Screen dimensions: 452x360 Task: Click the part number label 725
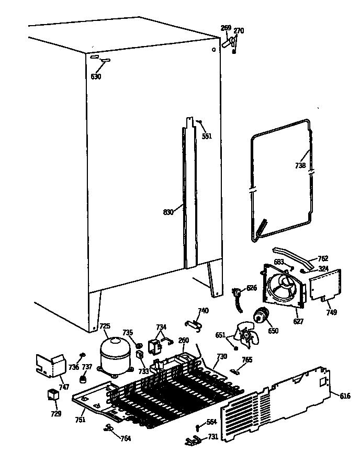tap(105, 326)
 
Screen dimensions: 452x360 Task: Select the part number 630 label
tap(96, 77)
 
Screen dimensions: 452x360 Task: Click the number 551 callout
tap(207, 136)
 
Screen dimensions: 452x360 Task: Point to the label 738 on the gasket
tap(300, 166)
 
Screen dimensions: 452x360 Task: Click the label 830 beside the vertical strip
tap(168, 212)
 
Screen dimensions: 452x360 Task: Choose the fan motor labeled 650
tap(260, 316)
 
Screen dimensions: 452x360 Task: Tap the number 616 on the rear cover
tap(345, 396)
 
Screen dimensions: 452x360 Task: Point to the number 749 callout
tap(331, 312)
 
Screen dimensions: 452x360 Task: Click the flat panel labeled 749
tap(325, 285)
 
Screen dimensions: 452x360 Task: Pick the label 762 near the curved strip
tap(323, 258)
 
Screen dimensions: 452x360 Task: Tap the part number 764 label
tap(125, 438)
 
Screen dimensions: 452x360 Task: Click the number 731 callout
tap(213, 437)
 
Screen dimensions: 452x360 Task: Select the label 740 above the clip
tap(203, 311)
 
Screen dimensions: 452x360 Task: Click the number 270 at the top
tap(239, 31)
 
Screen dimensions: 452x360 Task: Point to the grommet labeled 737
tap(82, 379)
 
